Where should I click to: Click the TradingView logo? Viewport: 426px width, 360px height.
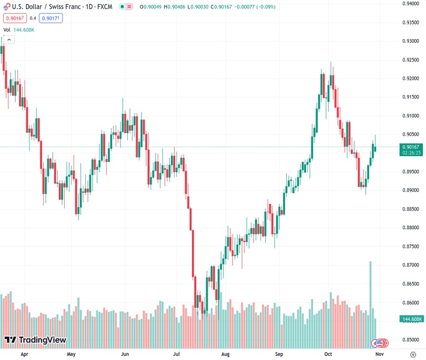click(35, 340)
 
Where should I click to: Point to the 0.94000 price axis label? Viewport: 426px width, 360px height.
click(411, 4)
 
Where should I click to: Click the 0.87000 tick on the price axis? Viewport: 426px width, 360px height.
click(411, 265)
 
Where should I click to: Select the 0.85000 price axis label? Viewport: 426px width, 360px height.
click(411, 340)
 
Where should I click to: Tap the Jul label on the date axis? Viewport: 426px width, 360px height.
click(177, 354)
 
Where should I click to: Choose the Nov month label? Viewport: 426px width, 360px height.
click(379, 354)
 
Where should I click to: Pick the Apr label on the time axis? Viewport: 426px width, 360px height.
click(25, 354)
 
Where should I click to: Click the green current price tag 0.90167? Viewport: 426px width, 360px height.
click(411, 147)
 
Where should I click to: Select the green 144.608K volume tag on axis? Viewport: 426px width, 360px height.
click(412, 319)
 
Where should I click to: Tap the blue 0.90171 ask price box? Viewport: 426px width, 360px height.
click(51, 18)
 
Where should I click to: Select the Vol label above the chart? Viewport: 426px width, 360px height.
click(7, 29)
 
